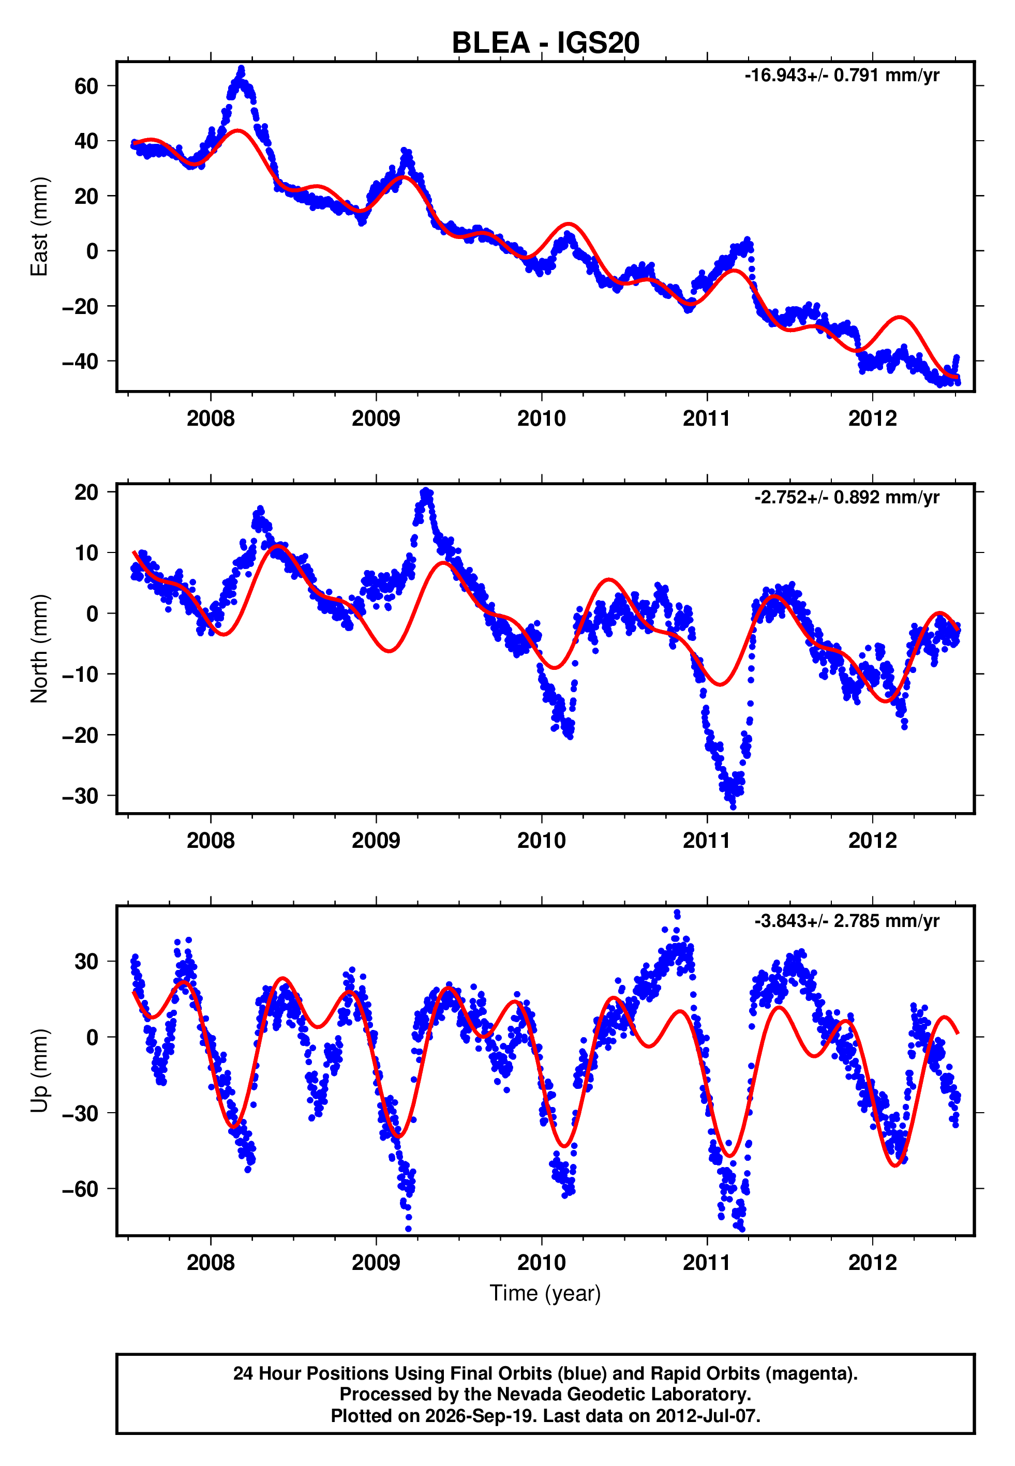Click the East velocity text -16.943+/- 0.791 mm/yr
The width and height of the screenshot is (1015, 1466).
click(x=842, y=76)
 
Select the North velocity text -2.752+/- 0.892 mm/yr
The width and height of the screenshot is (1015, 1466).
click(x=846, y=497)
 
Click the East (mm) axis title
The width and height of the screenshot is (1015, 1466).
click(x=39, y=227)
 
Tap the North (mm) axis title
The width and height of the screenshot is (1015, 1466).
click(x=39, y=649)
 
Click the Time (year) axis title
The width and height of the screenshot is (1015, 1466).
click(x=545, y=1293)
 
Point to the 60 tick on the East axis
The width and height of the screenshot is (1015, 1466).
click(x=86, y=86)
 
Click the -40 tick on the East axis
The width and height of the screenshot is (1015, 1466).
click(x=80, y=361)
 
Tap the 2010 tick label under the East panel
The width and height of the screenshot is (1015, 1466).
click(x=541, y=418)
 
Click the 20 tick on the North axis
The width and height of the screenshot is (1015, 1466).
click(x=86, y=492)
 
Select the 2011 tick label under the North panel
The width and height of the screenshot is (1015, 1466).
click(x=707, y=841)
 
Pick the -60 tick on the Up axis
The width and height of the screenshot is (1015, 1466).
click(x=80, y=1188)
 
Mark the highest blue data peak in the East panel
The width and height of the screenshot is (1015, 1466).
click(x=241, y=68)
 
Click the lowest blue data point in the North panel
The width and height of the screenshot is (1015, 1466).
click(x=733, y=807)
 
